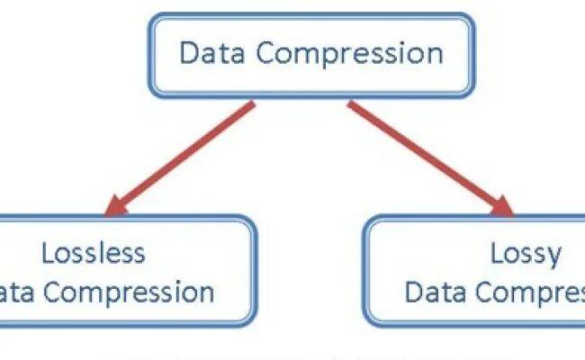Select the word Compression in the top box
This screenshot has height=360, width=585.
(349, 54)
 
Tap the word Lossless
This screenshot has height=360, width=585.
(93, 253)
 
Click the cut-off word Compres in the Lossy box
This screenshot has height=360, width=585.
(532, 293)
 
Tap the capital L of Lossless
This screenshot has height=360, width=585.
(48, 253)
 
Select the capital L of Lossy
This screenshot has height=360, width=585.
(495, 253)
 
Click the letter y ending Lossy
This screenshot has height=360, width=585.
(553, 257)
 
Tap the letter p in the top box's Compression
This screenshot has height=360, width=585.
(337, 56)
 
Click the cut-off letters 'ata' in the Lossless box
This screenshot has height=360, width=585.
(16, 292)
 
